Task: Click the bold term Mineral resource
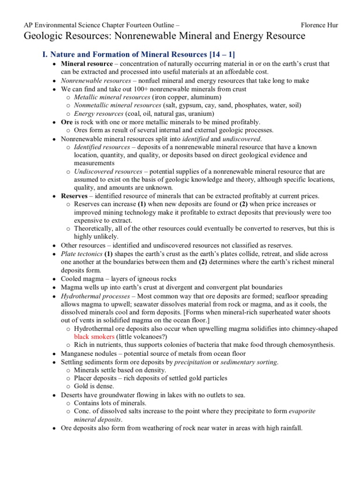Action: (x=87, y=64)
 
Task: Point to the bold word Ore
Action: (x=67, y=122)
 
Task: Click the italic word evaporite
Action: (x=301, y=411)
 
